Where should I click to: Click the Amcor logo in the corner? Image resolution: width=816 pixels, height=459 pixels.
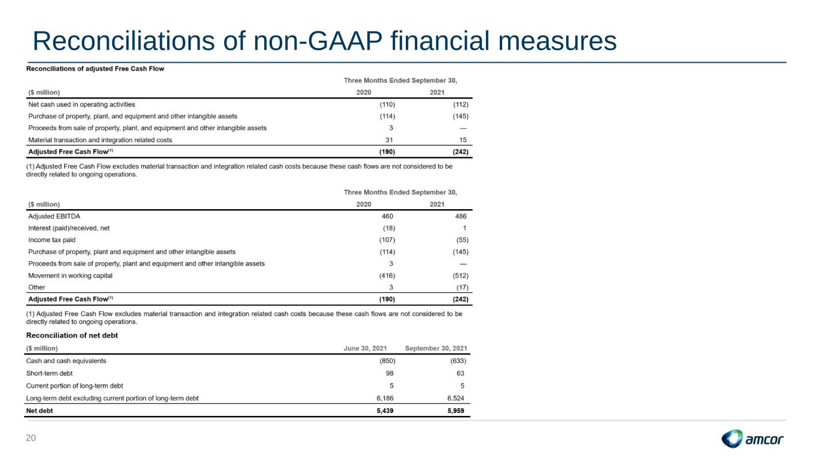point(752,439)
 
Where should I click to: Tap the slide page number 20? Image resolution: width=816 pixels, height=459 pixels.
point(30,438)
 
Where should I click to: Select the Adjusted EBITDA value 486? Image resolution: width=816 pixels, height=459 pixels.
point(460,216)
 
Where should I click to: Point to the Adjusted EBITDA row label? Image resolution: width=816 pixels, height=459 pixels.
point(54,216)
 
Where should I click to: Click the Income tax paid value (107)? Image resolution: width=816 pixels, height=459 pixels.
point(387,240)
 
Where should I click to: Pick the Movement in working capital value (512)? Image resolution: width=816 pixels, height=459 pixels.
point(460,276)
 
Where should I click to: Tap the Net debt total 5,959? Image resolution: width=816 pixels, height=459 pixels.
point(456,411)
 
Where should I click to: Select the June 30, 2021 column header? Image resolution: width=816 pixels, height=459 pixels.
point(365,348)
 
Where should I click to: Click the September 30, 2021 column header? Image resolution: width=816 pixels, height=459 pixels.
point(436,348)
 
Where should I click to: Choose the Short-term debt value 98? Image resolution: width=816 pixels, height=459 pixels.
point(389,374)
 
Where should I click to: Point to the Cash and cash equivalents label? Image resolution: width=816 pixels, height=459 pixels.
point(66,361)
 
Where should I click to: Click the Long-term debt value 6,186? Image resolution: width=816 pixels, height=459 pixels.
point(385,399)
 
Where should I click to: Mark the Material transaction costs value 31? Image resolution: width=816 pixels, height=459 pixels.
point(389,140)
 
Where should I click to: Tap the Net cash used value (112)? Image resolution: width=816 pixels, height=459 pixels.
point(460,105)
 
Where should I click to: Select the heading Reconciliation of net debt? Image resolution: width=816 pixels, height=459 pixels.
point(72,335)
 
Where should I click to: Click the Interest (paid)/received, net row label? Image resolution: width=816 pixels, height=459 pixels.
point(69,228)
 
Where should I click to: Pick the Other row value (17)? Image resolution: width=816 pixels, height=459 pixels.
point(462,287)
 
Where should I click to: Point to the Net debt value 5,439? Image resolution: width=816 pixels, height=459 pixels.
point(385,411)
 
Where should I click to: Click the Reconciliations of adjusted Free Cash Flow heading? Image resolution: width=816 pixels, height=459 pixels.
point(95,69)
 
